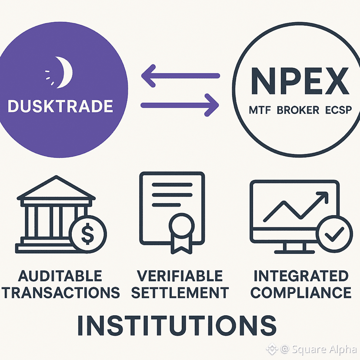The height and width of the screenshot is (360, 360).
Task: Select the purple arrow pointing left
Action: tap(180, 75)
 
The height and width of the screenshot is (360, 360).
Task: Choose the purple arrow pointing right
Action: tap(180, 105)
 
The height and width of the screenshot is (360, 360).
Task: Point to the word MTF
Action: tap(260, 110)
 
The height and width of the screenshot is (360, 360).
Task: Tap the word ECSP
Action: tap(338, 110)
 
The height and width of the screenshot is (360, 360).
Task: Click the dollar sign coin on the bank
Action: tap(87, 233)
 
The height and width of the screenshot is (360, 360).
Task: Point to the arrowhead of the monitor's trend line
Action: tap(323, 198)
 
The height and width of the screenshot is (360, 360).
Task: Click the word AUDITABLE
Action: tap(60, 276)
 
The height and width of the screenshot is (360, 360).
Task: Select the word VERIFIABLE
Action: tap(180, 276)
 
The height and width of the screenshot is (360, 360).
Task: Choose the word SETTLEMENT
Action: tap(180, 293)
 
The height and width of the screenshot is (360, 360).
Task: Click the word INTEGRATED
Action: tap(301, 276)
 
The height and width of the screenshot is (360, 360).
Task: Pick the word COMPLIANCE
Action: tap(301, 293)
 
